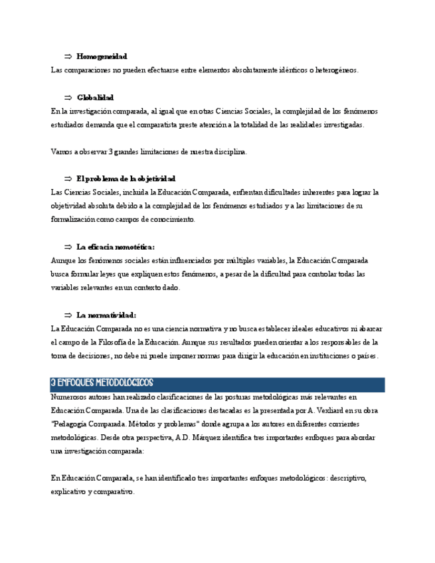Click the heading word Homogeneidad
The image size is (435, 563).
102,56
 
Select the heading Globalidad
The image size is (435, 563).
95,98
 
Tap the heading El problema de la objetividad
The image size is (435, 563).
126,179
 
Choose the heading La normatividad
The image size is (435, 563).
106,315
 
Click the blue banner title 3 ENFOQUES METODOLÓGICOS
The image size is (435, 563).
102,383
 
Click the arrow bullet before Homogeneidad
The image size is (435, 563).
68,56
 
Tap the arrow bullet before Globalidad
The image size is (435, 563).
68,98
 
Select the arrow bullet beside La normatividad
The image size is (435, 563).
68,315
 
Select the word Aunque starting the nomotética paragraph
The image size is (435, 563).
64,260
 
